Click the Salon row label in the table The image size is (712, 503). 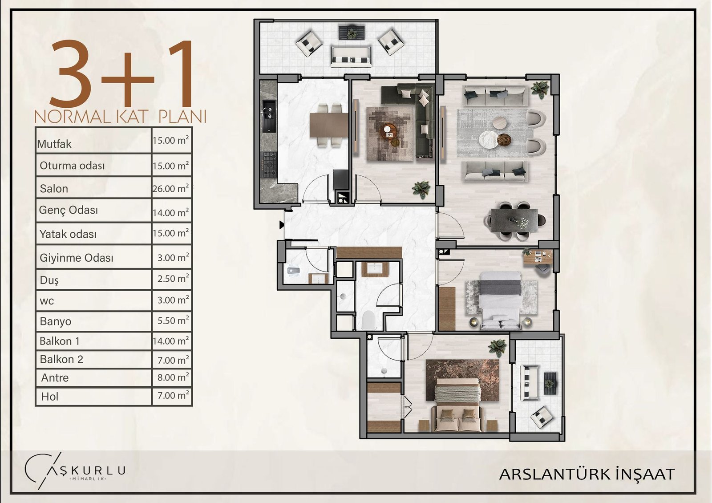(x=54, y=189)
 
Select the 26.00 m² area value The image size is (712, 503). (x=171, y=188)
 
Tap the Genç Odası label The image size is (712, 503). (x=69, y=210)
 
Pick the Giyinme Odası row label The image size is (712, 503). (x=76, y=258)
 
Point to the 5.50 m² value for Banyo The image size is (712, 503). (x=173, y=320)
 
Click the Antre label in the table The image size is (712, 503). (x=55, y=378)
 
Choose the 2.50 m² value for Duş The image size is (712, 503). (x=173, y=278)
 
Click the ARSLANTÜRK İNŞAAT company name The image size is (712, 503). (x=587, y=474)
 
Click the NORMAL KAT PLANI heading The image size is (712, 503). (x=121, y=117)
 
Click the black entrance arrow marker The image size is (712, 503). (x=282, y=225)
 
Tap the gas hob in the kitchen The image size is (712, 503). (x=270, y=164)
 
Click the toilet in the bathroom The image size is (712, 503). (x=369, y=320)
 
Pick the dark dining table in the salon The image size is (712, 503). (x=514, y=220)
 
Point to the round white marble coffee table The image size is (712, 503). (x=489, y=139)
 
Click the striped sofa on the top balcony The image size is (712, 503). (x=351, y=57)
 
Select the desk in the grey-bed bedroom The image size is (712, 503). (x=538, y=258)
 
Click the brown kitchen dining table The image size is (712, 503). (x=329, y=125)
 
